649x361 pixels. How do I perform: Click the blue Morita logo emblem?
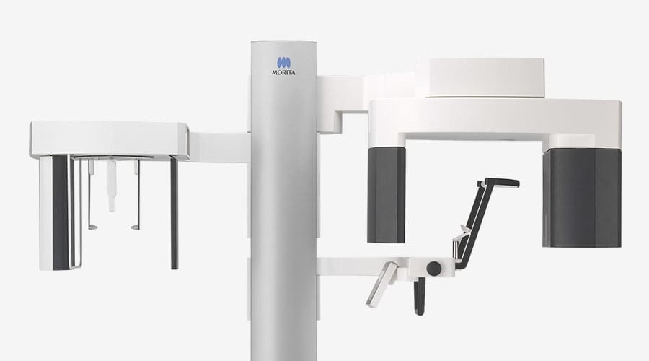tap(283, 63)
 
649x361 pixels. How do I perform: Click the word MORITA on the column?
tap(283, 73)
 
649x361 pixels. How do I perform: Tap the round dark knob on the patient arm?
tap(434, 268)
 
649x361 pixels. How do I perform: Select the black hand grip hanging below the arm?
tap(419, 296)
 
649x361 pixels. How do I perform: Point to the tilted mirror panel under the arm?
tap(381, 284)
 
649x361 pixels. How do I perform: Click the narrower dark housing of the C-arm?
tap(387, 194)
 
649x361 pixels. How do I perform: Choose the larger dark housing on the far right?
tap(582, 198)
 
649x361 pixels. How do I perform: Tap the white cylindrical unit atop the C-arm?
tap(486, 77)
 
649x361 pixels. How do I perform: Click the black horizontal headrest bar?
tap(501, 183)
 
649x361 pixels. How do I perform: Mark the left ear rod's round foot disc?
tap(93, 227)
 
